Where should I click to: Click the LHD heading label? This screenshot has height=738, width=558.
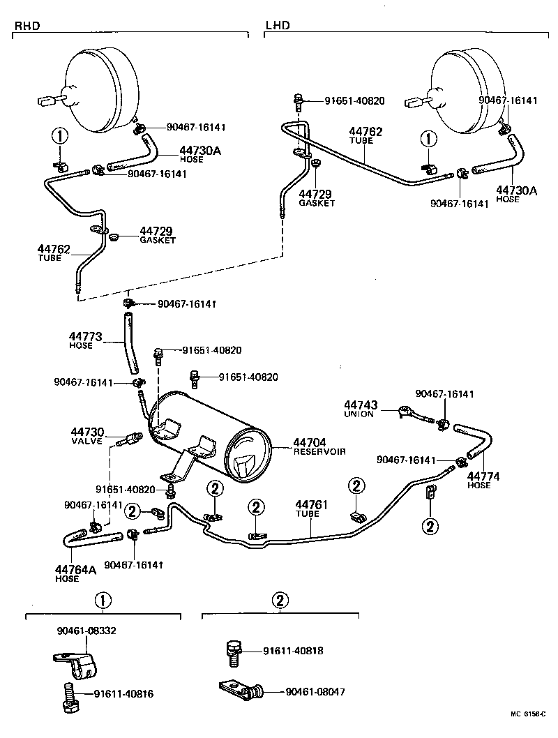(x=277, y=26)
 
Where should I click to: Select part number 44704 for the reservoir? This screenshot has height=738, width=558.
(x=310, y=442)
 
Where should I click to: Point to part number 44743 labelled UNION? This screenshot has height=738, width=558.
(x=361, y=405)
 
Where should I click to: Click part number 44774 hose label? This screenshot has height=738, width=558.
(x=478, y=476)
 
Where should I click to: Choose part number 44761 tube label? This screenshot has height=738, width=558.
(x=307, y=504)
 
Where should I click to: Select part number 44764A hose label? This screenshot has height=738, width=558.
(x=75, y=570)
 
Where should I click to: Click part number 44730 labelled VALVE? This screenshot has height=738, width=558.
(x=86, y=432)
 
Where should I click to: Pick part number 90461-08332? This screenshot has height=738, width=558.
(x=86, y=630)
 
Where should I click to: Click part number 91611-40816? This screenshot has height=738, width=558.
(x=124, y=694)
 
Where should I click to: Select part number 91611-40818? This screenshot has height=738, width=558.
(x=293, y=651)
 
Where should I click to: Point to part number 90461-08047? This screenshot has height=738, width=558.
(x=315, y=692)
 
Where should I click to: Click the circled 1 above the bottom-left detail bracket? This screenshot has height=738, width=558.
(x=103, y=599)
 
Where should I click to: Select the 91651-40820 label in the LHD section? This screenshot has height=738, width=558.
(x=354, y=100)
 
